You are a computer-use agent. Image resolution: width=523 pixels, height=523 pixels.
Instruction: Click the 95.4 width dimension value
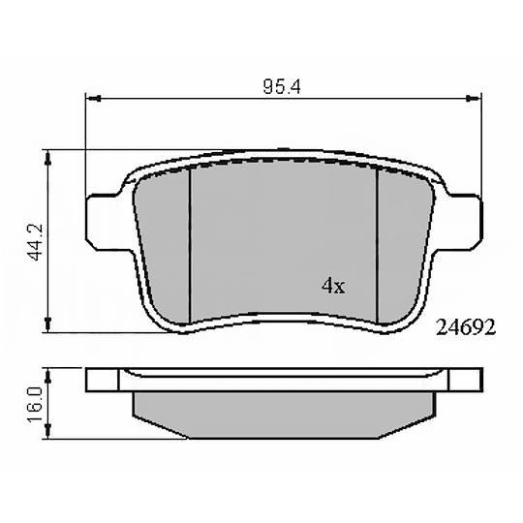(282, 87)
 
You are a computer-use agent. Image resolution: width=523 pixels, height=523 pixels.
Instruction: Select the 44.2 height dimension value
(34, 242)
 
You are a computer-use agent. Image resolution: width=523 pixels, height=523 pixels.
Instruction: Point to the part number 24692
(466, 327)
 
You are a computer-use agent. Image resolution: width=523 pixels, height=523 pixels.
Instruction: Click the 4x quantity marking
(333, 286)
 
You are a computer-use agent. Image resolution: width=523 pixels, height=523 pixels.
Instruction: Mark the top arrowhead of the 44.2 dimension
(48, 159)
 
